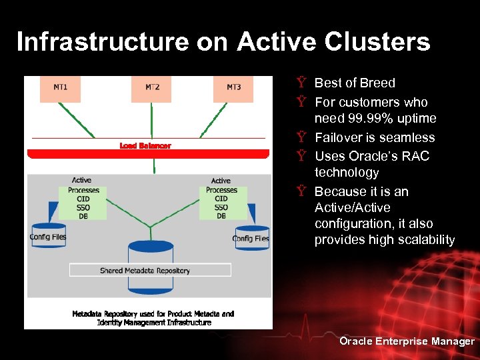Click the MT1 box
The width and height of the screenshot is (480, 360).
click(61, 89)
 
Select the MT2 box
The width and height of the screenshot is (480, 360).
click(152, 89)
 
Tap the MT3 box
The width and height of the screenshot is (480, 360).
click(233, 89)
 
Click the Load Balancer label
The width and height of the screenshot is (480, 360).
click(145, 145)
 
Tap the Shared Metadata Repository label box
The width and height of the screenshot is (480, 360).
click(150, 270)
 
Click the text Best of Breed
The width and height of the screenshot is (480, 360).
click(355, 83)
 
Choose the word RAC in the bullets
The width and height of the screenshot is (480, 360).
click(415, 157)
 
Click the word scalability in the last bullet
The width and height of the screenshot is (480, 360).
click(424, 240)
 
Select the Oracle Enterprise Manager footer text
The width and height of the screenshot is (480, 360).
click(407, 341)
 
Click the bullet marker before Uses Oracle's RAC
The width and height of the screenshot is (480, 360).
click(301, 157)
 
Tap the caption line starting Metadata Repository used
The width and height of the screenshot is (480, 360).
click(153, 313)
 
